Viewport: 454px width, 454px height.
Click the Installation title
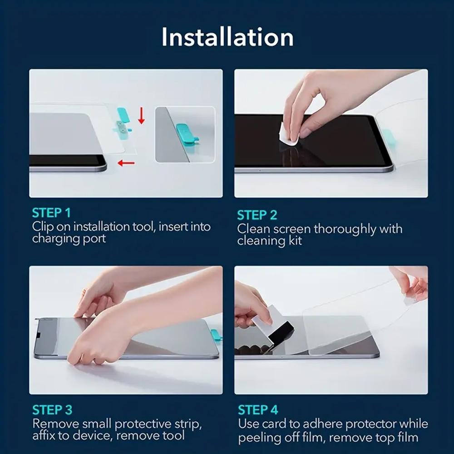[227, 37]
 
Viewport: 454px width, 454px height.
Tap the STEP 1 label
[51, 212]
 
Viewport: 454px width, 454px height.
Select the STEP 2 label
[257, 215]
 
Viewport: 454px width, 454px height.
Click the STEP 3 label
[52, 410]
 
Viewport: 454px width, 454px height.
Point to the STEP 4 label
[258, 410]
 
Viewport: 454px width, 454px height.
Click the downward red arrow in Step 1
[141, 116]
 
